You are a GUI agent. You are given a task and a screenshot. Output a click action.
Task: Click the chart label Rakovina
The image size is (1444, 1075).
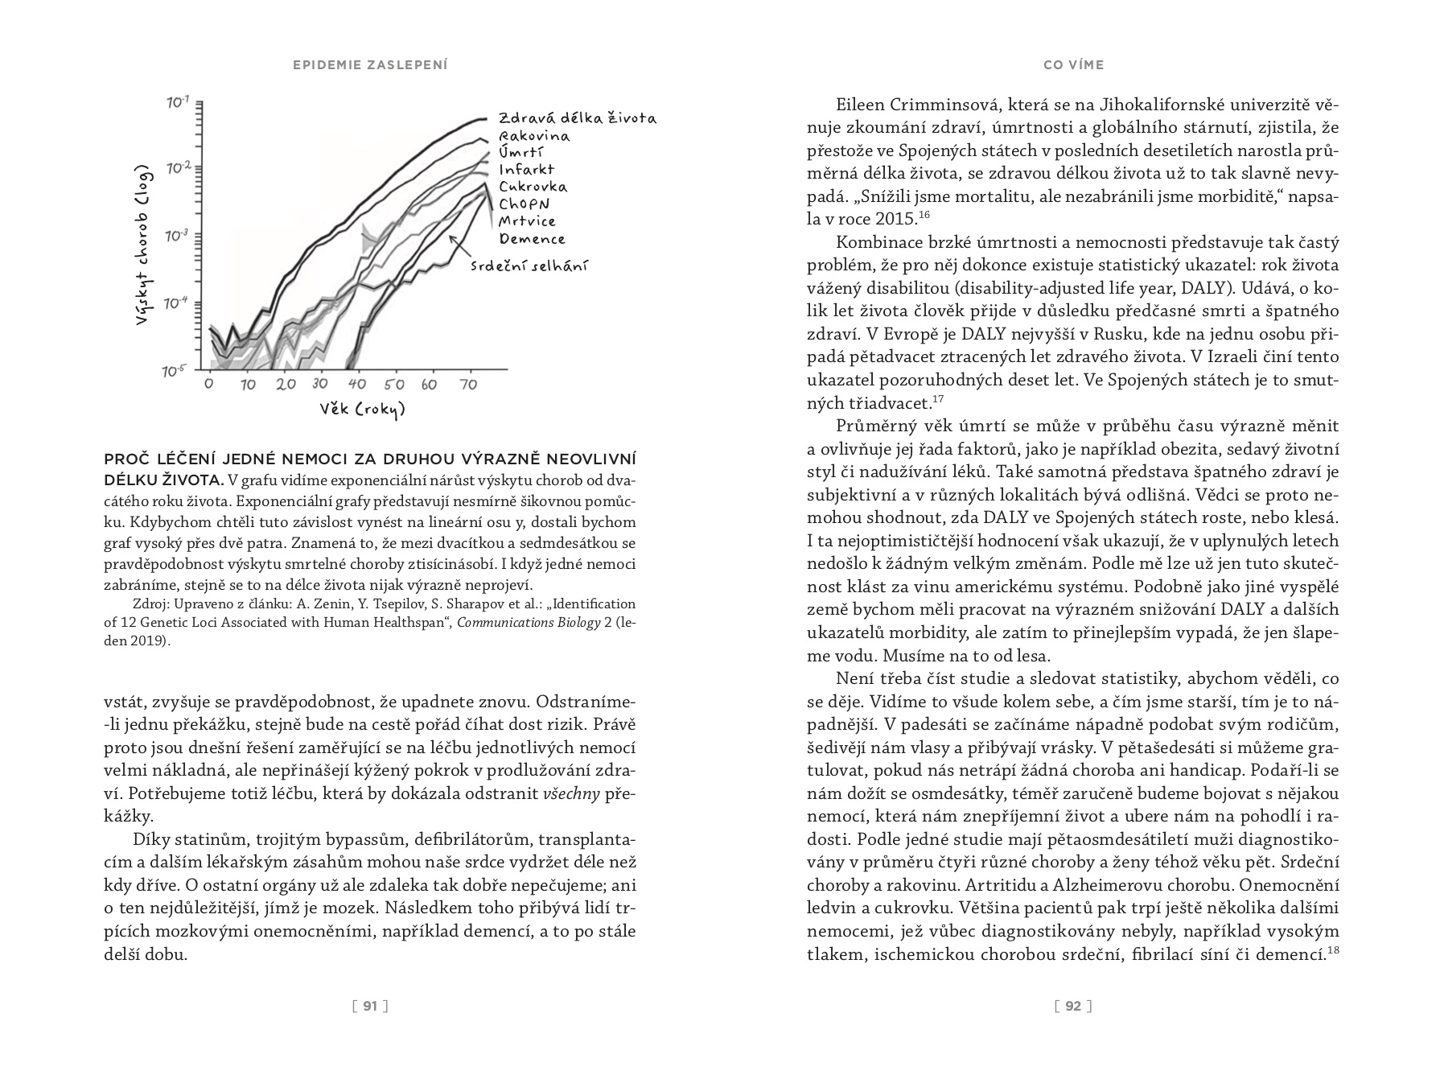533,136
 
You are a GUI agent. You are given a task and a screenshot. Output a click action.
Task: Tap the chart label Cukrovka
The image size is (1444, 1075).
533,187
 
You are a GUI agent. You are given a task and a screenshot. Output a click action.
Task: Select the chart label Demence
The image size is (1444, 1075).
532,239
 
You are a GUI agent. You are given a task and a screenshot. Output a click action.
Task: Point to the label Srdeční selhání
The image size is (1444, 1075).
528,266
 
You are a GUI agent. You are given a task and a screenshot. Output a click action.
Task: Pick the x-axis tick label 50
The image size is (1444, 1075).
393,385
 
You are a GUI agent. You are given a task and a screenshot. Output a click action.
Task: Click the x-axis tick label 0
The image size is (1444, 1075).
209,384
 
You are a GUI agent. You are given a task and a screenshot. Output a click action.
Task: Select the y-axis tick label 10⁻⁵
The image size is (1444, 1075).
175,371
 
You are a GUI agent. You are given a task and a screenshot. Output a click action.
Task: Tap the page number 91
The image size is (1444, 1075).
370,1006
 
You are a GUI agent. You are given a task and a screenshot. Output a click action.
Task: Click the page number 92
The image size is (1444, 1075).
1073,1006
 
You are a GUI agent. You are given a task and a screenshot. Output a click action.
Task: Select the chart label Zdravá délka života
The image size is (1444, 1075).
577,118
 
